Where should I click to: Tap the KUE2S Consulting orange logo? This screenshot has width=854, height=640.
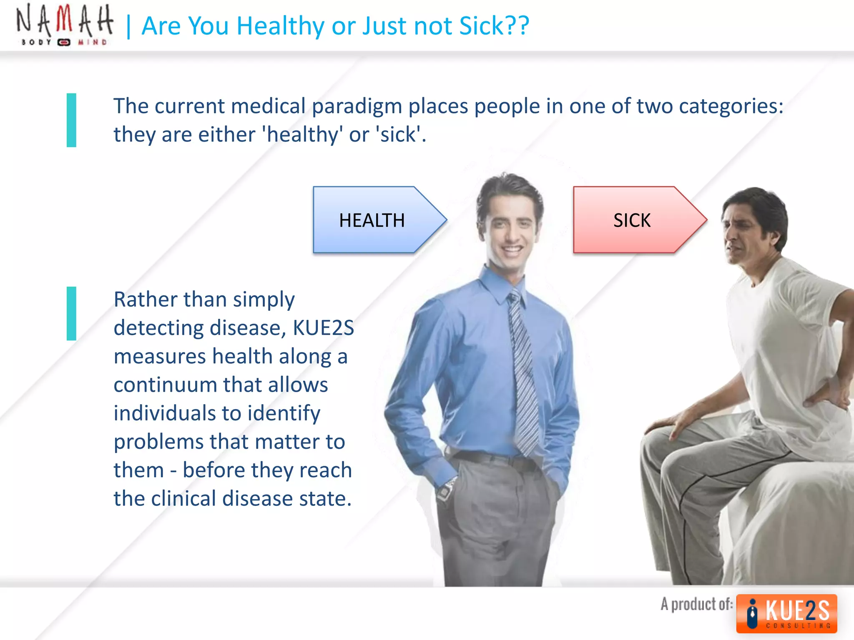click(x=786, y=613)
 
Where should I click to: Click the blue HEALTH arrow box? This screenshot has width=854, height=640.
click(x=372, y=220)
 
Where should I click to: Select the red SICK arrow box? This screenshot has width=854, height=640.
click(x=633, y=220)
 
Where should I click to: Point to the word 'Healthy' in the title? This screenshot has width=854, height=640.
click(x=281, y=26)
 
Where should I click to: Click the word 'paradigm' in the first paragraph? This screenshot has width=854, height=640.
click(x=357, y=106)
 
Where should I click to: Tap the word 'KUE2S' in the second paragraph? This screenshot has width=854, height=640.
click(x=323, y=328)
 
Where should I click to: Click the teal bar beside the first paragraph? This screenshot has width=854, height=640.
click(x=71, y=120)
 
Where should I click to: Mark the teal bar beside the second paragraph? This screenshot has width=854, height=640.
click(x=71, y=313)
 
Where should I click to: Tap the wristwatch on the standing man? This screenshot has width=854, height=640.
click(x=445, y=490)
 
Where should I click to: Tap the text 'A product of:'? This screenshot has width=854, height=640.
click(x=696, y=604)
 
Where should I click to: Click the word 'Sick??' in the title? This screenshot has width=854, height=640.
click(x=494, y=26)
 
